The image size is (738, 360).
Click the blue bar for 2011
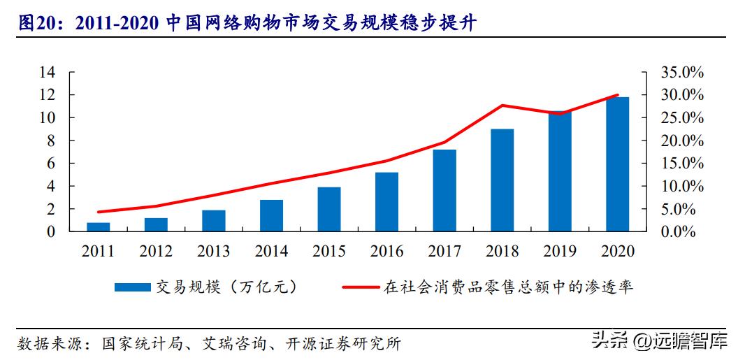pyautogui.click(x=99, y=226)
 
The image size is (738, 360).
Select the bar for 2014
pyautogui.click(x=271, y=215)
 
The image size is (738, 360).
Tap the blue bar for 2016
pyautogui.click(x=386, y=201)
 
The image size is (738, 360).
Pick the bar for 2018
pyautogui.click(x=502, y=180)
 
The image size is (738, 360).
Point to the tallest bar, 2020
pyautogui.click(x=617, y=164)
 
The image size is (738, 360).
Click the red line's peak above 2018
pyautogui.click(x=502, y=106)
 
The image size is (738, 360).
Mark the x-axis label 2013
pyautogui.click(x=214, y=250)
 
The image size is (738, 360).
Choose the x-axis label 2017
pyautogui.click(x=444, y=250)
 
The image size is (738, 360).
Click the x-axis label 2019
pyautogui.click(x=560, y=250)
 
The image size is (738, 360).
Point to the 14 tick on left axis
pyautogui.click(x=47, y=72)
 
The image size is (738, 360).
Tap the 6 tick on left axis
pyautogui.click(x=50, y=164)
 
